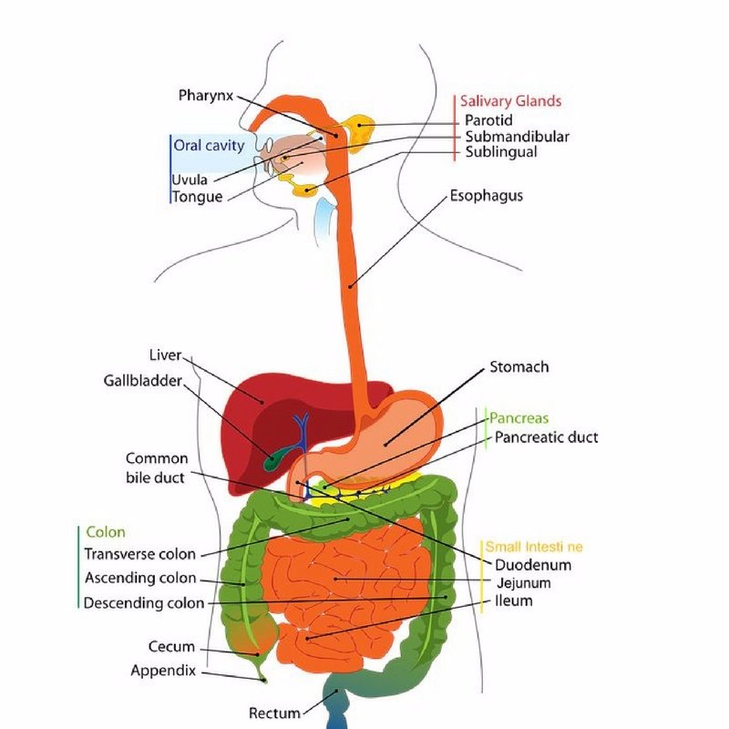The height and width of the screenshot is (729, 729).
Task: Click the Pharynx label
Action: click(206, 96)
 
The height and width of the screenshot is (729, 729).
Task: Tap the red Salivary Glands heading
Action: click(510, 101)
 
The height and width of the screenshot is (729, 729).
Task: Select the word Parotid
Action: click(488, 120)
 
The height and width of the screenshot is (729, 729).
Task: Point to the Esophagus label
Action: click(487, 196)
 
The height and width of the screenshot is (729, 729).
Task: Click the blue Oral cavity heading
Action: click(209, 146)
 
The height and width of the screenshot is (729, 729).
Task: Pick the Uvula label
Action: click(190, 180)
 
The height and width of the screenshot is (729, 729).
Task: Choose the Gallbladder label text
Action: click(143, 381)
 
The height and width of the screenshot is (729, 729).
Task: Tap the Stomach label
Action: click(519, 367)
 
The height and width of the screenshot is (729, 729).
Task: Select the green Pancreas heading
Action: click(519, 418)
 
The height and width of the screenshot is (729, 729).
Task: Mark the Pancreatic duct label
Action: click(546, 437)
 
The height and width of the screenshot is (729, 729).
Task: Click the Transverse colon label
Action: click(140, 554)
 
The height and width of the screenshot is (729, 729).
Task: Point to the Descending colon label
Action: click(144, 603)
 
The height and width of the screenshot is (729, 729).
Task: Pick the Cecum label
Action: click(171, 647)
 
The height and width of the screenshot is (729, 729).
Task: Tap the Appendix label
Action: click(163, 671)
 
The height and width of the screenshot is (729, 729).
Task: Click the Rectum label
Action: click(275, 714)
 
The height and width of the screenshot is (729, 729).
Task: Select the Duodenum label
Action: click(533, 565)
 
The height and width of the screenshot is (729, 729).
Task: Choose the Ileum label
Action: click(514, 601)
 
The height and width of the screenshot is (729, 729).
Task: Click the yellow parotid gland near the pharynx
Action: click(358, 129)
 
